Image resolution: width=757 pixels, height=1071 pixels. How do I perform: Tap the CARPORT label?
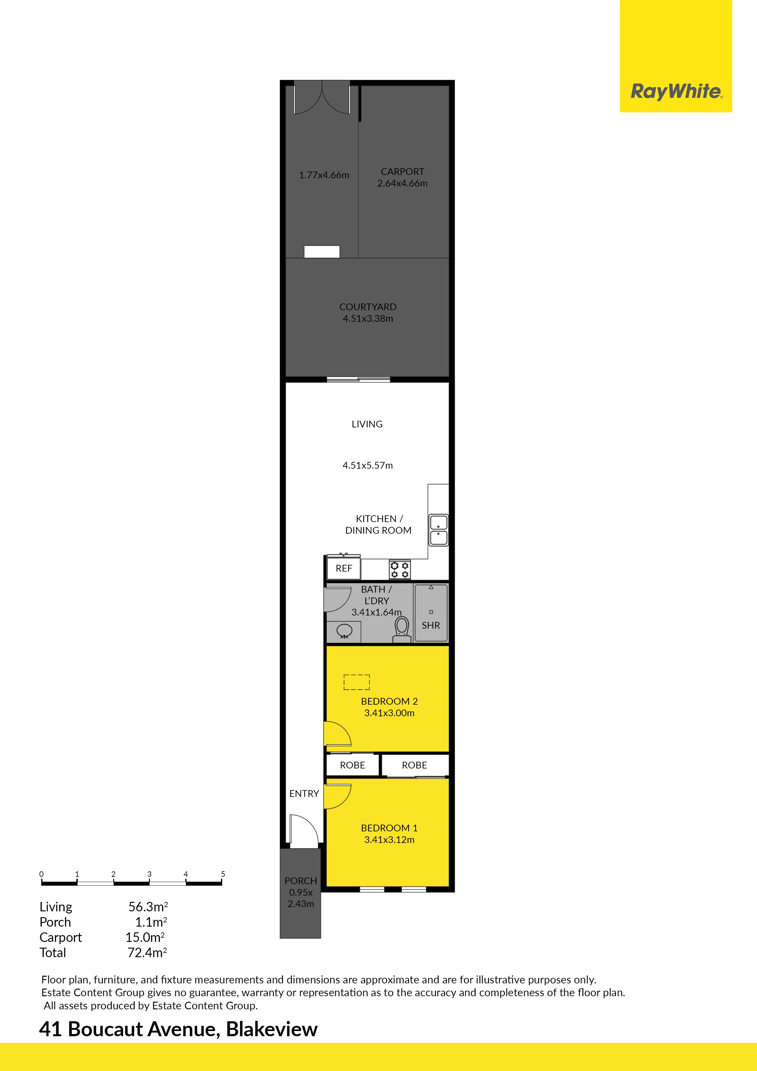pos(403,172)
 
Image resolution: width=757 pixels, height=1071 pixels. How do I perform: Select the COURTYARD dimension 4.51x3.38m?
pos(368,319)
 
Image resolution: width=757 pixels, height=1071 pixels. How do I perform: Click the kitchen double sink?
pos(438,530)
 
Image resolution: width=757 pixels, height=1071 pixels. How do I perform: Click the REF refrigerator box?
pos(344,568)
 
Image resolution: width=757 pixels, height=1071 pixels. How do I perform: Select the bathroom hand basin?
pos(344,631)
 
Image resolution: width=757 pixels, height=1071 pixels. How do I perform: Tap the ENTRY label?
pos(304,793)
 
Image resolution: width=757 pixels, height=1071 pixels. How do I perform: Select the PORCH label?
pos(301,881)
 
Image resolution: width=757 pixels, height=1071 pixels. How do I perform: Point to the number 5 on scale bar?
pos(223,874)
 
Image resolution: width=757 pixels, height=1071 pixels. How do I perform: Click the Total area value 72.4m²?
pos(147,953)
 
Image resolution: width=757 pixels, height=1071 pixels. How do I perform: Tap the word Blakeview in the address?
pos(272,1029)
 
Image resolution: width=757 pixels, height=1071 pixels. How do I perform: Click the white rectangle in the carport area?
pos(322,252)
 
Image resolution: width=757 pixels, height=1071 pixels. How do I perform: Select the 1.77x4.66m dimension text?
pos(324,175)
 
